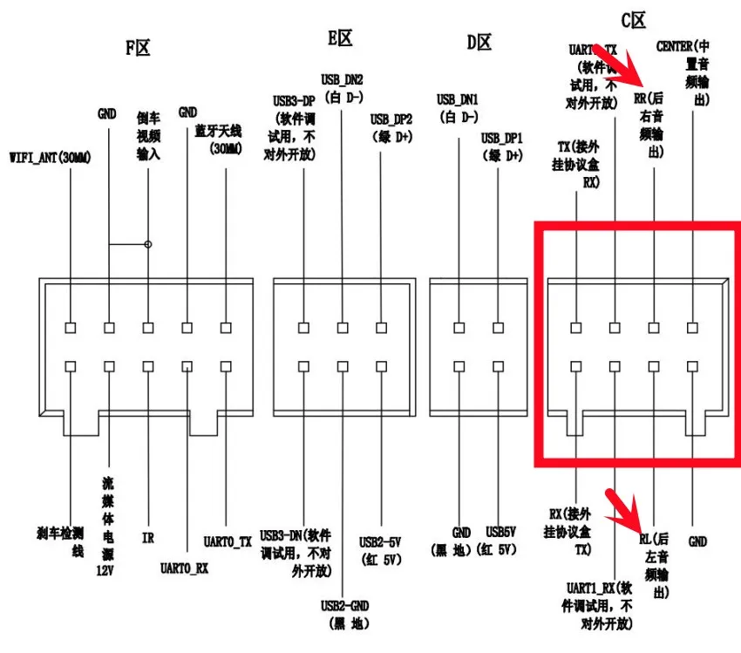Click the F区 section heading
[138, 47]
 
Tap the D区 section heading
[479, 42]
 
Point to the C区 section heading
[633, 19]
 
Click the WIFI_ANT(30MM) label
[50, 158]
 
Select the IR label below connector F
[148, 539]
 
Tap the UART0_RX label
[185, 568]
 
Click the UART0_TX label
[228, 541]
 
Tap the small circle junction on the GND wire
[148, 244]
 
